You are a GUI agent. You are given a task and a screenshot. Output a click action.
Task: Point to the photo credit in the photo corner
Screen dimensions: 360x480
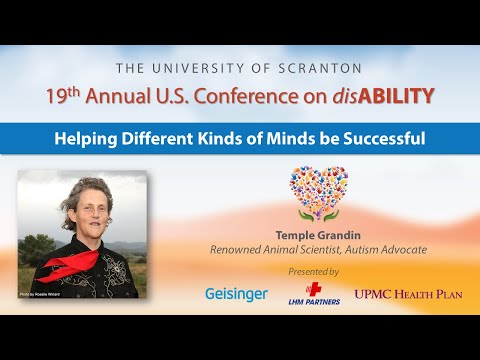click(38, 296)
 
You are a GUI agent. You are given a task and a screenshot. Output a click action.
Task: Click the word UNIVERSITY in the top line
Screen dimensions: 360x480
click(212, 68)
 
